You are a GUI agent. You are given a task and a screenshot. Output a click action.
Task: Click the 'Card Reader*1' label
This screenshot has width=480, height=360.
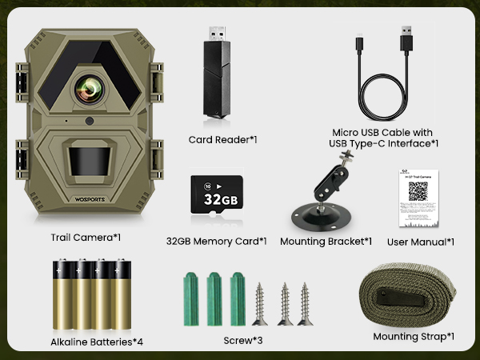click(222, 139)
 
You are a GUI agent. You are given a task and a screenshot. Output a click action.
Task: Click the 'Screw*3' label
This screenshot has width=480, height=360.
click(242, 340)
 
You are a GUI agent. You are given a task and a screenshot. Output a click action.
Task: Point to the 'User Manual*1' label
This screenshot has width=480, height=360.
click(420, 242)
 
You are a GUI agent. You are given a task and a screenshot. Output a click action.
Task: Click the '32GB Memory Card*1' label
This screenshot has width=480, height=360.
click(216, 240)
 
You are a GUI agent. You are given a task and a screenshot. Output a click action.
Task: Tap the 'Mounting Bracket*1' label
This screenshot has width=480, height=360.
click(326, 240)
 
